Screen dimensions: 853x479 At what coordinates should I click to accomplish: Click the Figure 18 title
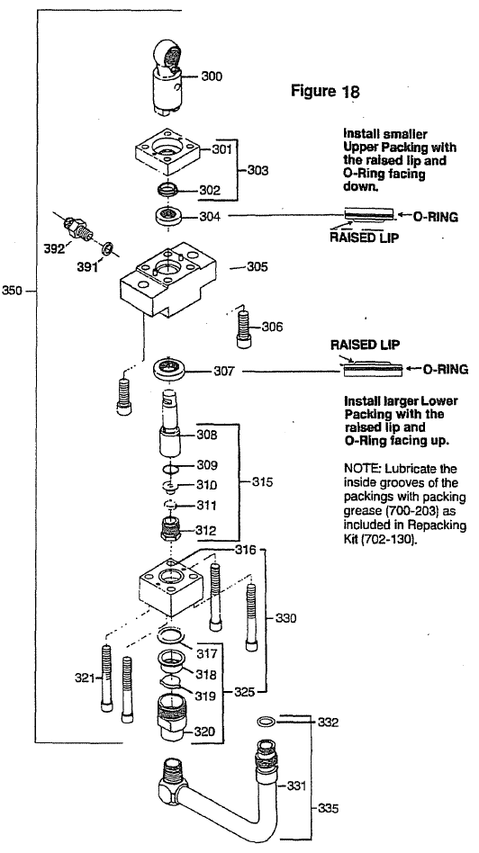[325, 92]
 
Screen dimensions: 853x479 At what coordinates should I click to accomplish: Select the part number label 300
[211, 76]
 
